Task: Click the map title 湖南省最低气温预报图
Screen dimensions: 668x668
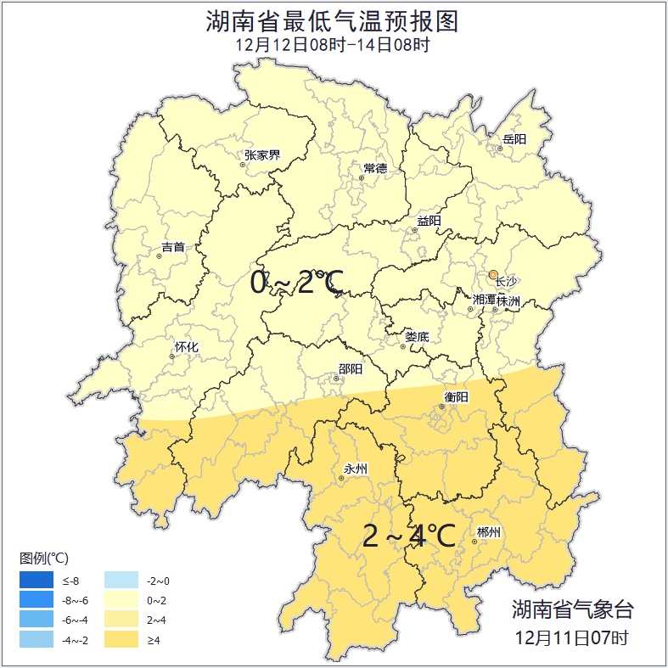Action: [x=333, y=21]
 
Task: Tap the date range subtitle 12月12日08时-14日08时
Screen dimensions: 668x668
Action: [x=333, y=45]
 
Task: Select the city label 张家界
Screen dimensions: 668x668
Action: [x=262, y=155]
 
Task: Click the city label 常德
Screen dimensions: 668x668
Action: [x=375, y=168]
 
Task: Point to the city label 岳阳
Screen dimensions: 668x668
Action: [x=514, y=139]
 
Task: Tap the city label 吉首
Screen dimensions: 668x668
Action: [x=173, y=247]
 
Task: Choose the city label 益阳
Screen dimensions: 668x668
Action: [x=429, y=221]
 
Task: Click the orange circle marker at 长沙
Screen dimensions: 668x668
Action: [x=493, y=274]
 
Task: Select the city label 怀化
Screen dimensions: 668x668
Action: [x=186, y=347]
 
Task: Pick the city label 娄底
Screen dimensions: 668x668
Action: [x=417, y=337]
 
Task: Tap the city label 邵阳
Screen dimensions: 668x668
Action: [x=350, y=369]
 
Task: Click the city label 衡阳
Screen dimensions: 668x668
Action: [x=456, y=396]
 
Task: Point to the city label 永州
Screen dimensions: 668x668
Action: [x=355, y=469]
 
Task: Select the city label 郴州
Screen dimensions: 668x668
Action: [x=489, y=532]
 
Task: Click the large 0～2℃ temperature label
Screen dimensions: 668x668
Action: [x=297, y=283]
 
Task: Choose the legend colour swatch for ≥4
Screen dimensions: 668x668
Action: [x=121, y=639]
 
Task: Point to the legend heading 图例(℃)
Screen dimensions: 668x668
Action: [x=44, y=558]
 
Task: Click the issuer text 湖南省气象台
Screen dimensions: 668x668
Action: [x=572, y=609]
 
